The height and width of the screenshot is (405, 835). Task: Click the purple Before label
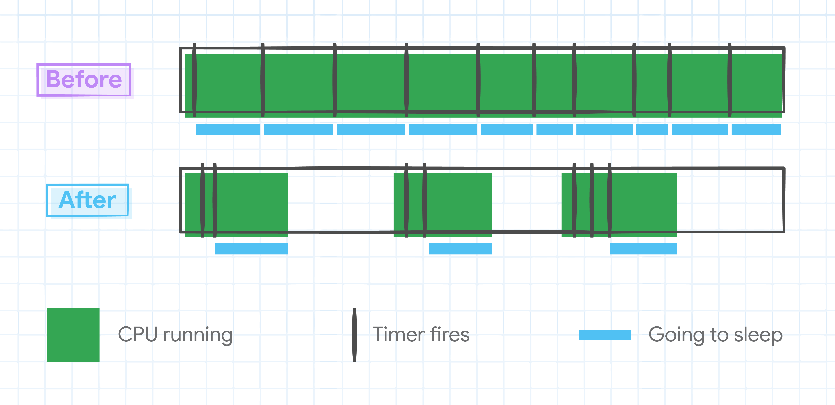tap(84, 79)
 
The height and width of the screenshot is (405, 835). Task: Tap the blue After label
tap(88, 200)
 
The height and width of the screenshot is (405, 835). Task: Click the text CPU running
tap(175, 335)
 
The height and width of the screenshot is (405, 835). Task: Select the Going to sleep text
tap(715, 335)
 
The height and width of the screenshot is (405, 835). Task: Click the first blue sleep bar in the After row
tap(251, 249)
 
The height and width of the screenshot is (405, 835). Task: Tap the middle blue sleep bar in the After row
tap(460, 249)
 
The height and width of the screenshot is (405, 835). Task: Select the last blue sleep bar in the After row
tap(643, 249)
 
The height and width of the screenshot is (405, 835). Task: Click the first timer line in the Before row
tap(194, 80)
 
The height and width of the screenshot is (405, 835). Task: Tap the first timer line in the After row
tap(203, 200)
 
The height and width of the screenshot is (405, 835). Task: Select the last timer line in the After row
tap(609, 200)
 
